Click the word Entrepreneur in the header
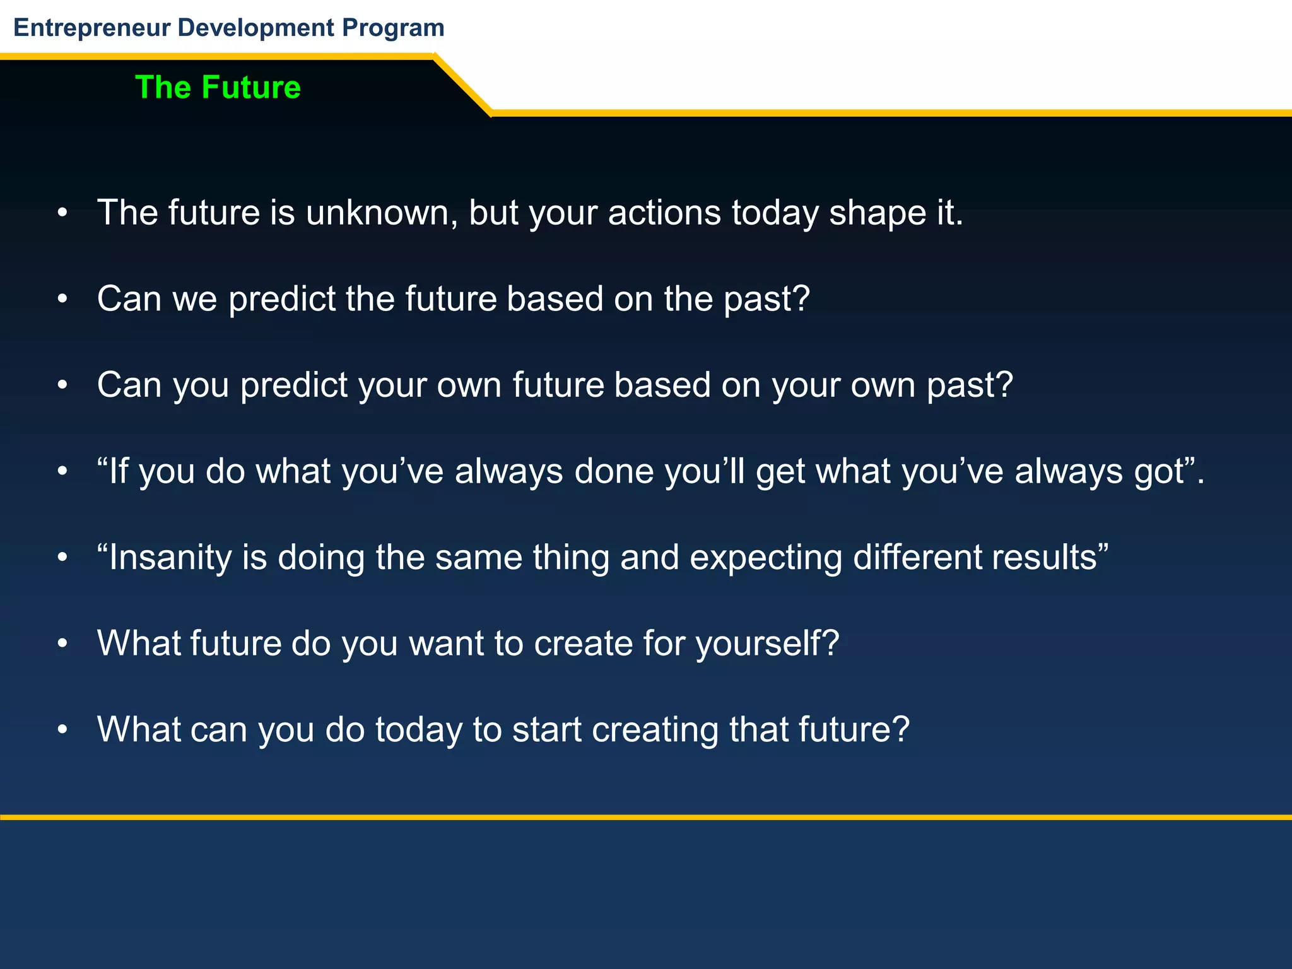pyautogui.click(x=92, y=28)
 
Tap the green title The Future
pyautogui.click(x=218, y=87)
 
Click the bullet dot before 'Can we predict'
pyautogui.click(x=62, y=300)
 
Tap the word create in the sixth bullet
pyautogui.click(x=583, y=643)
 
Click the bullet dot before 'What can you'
pyautogui.click(x=62, y=731)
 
